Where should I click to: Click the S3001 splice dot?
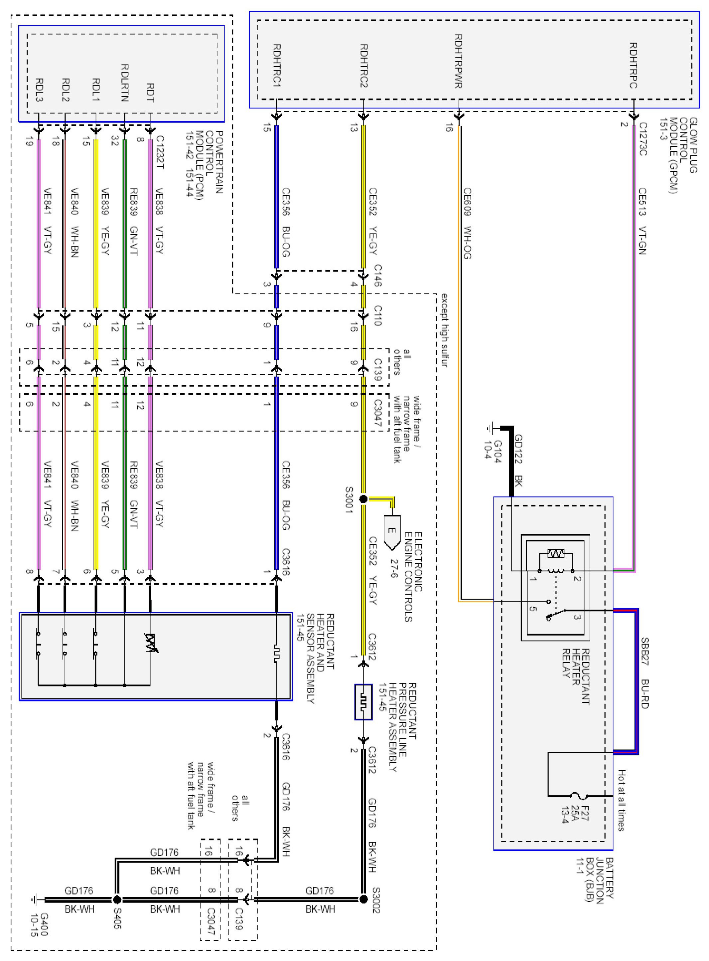(363, 499)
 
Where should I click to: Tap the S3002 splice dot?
(363, 899)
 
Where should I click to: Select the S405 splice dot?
(117, 899)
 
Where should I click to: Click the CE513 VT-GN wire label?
(642, 221)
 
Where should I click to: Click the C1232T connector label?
(160, 152)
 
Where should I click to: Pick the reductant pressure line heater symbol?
(363, 702)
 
